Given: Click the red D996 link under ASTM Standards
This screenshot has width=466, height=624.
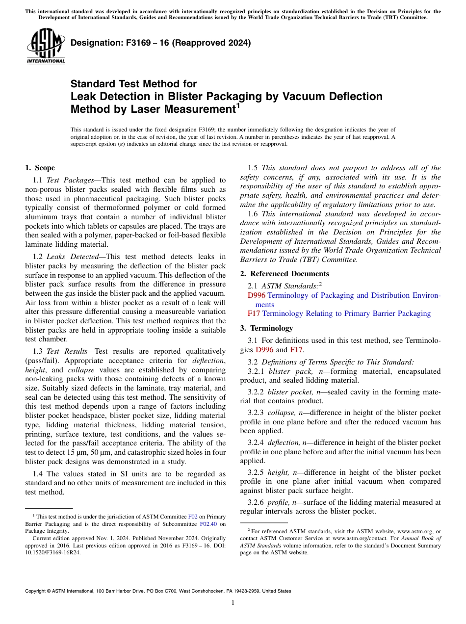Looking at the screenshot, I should (x=257, y=295).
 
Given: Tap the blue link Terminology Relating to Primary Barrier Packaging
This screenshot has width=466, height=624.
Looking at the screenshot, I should (x=346, y=313).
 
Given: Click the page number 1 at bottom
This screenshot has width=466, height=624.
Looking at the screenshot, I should (x=233, y=603).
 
